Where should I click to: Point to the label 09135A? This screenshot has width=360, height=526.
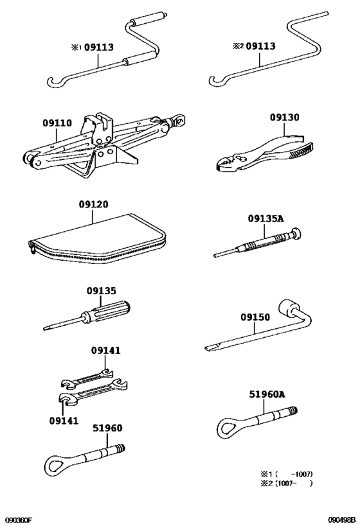(x=265, y=218)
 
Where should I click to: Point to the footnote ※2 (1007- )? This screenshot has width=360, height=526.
(x=285, y=484)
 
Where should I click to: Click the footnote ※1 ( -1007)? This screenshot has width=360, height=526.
(x=285, y=474)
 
